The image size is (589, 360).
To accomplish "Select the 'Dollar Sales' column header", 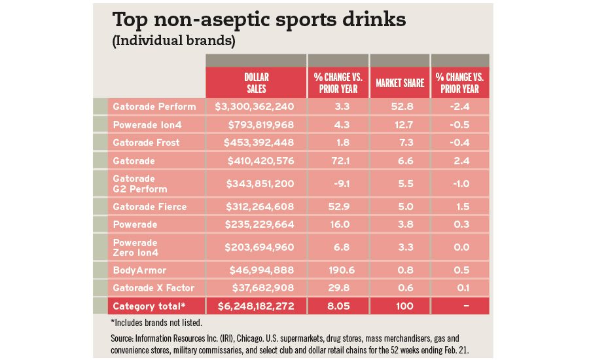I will click(x=256, y=83).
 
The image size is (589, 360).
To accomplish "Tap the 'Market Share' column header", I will click(x=400, y=83).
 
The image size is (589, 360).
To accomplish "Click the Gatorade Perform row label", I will click(x=154, y=107).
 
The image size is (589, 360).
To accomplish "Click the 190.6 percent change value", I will click(x=338, y=270).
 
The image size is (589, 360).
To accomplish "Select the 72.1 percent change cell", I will click(x=338, y=160).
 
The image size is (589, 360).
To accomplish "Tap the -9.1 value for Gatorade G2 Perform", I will click(x=338, y=183).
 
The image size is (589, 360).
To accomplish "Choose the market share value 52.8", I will click(x=400, y=107).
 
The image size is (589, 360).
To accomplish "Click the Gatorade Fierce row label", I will click(x=150, y=207).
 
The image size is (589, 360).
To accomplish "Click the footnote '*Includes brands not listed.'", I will click(x=156, y=322).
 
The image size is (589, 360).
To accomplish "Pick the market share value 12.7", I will click(x=400, y=124).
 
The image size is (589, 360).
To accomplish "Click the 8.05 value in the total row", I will click(x=338, y=306).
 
